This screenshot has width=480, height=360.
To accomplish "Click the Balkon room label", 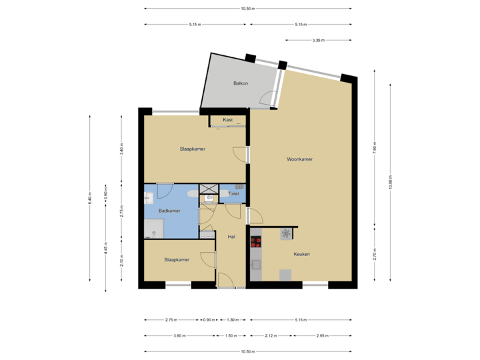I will tap(241, 83).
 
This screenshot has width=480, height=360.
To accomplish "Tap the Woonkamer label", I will tap(300, 159).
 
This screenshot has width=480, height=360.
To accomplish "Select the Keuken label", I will tap(302, 254).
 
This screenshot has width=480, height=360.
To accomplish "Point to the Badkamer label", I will tap(169, 211).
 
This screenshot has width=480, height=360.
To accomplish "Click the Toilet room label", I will tap(233, 194).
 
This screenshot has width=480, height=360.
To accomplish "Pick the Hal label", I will tap(231, 237).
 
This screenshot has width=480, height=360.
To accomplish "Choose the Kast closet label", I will tap(227, 119).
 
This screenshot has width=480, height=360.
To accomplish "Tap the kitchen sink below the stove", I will tap(255, 265).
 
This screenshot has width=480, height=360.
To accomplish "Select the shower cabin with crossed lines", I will tap(208, 187).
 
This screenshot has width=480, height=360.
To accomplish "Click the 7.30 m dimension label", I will tap(375, 148).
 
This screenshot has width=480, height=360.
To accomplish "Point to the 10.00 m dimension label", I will tap(391, 181).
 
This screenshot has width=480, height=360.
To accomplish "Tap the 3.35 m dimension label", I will tap(318, 41).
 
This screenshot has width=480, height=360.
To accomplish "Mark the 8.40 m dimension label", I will tap(89, 199).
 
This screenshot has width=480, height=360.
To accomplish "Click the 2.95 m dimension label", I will tap(323, 335).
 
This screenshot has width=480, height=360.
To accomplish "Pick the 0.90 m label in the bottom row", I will tap(209, 320).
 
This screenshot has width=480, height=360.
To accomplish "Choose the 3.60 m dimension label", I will tap(178, 335).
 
